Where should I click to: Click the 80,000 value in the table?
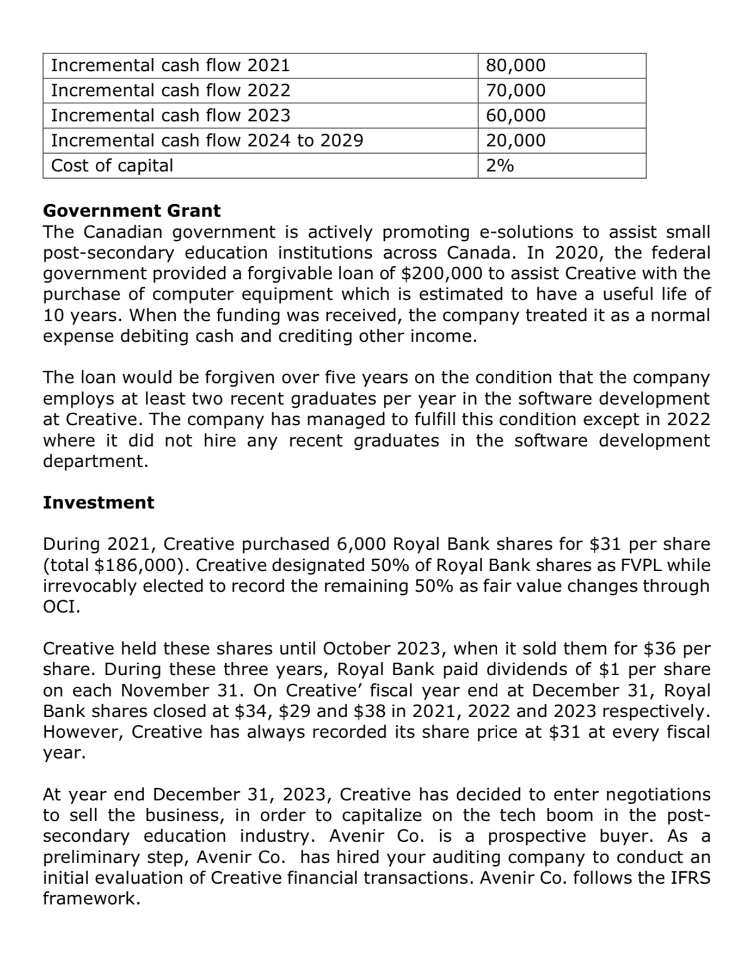tap(515, 65)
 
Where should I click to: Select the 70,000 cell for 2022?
tap(515, 90)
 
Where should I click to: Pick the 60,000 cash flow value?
tap(515, 115)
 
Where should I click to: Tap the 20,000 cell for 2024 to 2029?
tap(515, 140)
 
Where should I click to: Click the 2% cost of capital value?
tap(500, 166)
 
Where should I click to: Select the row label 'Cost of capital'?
tap(112, 166)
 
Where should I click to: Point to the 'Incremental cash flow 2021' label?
tap(170, 65)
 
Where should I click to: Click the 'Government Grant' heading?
tap(132, 211)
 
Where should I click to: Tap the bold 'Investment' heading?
tap(99, 503)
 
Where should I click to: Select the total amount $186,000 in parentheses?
tap(139, 565)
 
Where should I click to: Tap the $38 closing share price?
tap(371, 711)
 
